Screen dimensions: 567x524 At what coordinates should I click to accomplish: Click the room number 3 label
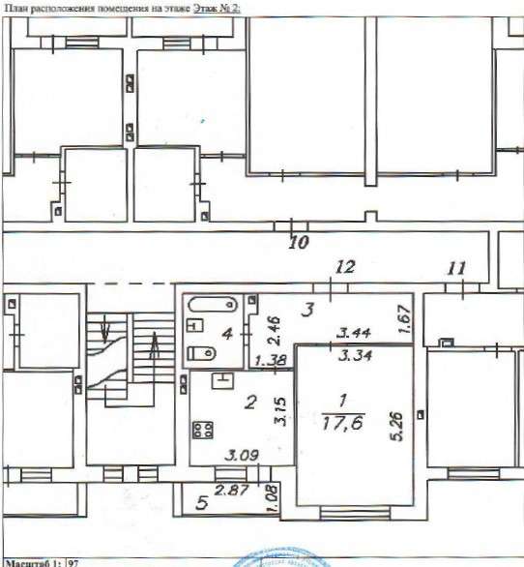[306, 310]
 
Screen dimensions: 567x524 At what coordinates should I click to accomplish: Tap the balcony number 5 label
[201, 502]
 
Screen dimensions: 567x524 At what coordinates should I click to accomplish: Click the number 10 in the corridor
[299, 243]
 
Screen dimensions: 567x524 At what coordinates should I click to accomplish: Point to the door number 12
[345, 266]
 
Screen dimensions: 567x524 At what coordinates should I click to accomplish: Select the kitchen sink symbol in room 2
[222, 379]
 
